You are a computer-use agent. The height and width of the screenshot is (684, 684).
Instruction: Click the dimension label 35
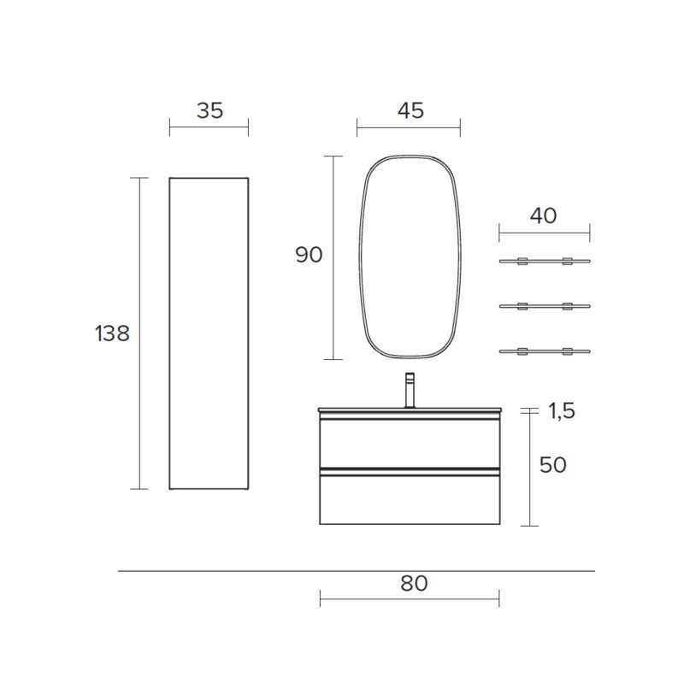[x=209, y=111]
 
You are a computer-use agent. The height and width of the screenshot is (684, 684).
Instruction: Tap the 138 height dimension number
[x=113, y=333]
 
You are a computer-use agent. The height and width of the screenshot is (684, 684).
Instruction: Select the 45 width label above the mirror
[x=410, y=111]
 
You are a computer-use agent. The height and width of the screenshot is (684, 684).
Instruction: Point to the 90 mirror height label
[x=309, y=255]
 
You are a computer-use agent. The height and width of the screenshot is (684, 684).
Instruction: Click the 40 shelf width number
[x=543, y=216]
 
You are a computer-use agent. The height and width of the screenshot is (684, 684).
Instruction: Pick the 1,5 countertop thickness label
[x=562, y=411]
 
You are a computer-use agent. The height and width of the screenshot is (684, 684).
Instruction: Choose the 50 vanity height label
[x=552, y=465]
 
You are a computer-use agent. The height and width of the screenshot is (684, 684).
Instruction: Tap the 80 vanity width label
[x=414, y=583]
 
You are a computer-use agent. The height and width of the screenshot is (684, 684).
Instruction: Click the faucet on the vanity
[x=410, y=391]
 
